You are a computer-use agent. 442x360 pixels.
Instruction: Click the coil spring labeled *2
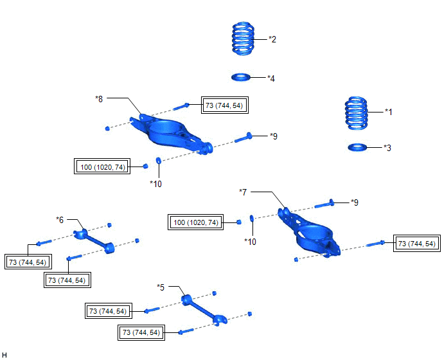(x=243, y=39)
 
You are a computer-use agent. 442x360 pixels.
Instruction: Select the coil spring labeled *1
(x=357, y=113)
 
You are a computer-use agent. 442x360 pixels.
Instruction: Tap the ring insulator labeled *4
(x=241, y=77)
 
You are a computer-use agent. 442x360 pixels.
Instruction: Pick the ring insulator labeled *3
(x=357, y=147)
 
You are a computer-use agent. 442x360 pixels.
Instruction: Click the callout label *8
(x=99, y=99)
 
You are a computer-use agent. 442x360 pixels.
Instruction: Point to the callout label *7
(x=243, y=192)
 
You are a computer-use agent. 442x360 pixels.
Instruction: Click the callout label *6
(x=60, y=219)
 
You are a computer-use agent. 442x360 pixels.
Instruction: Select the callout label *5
(x=161, y=287)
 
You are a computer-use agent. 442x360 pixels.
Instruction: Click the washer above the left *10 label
(x=159, y=160)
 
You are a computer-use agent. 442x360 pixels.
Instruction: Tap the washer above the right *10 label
(x=252, y=218)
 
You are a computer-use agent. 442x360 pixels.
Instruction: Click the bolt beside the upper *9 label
(x=243, y=138)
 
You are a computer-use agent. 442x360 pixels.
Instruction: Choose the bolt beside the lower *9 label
(x=324, y=203)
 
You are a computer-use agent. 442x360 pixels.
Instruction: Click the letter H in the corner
(x=4, y=355)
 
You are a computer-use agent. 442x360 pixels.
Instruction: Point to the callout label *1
(x=389, y=112)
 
